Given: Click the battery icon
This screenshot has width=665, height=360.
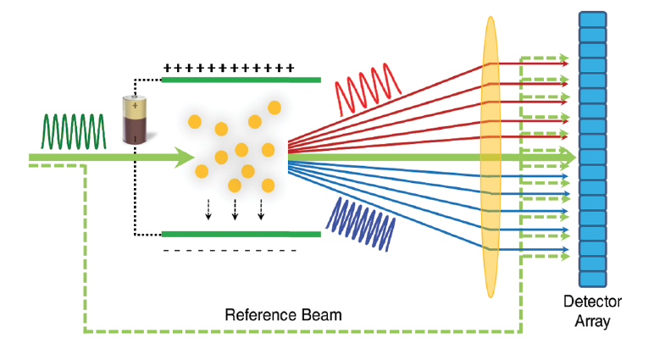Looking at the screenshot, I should (x=134, y=119).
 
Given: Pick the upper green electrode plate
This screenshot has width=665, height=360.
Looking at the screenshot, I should (x=241, y=80).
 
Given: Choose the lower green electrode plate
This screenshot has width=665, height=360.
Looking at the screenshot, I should (x=241, y=234).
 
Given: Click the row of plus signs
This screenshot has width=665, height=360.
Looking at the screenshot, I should (x=228, y=67).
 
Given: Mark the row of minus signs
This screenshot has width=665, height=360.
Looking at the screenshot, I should (x=229, y=251).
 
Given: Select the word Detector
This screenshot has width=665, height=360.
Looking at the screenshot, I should (x=592, y=302).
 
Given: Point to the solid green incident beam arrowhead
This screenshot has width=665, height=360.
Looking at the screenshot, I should (x=185, y=157).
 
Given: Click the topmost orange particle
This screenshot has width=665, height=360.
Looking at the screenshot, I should (x=274, y=108).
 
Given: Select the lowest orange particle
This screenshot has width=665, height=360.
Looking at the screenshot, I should (x=235, y=186).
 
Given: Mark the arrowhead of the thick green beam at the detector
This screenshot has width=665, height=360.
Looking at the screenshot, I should (x=569, y=158).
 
